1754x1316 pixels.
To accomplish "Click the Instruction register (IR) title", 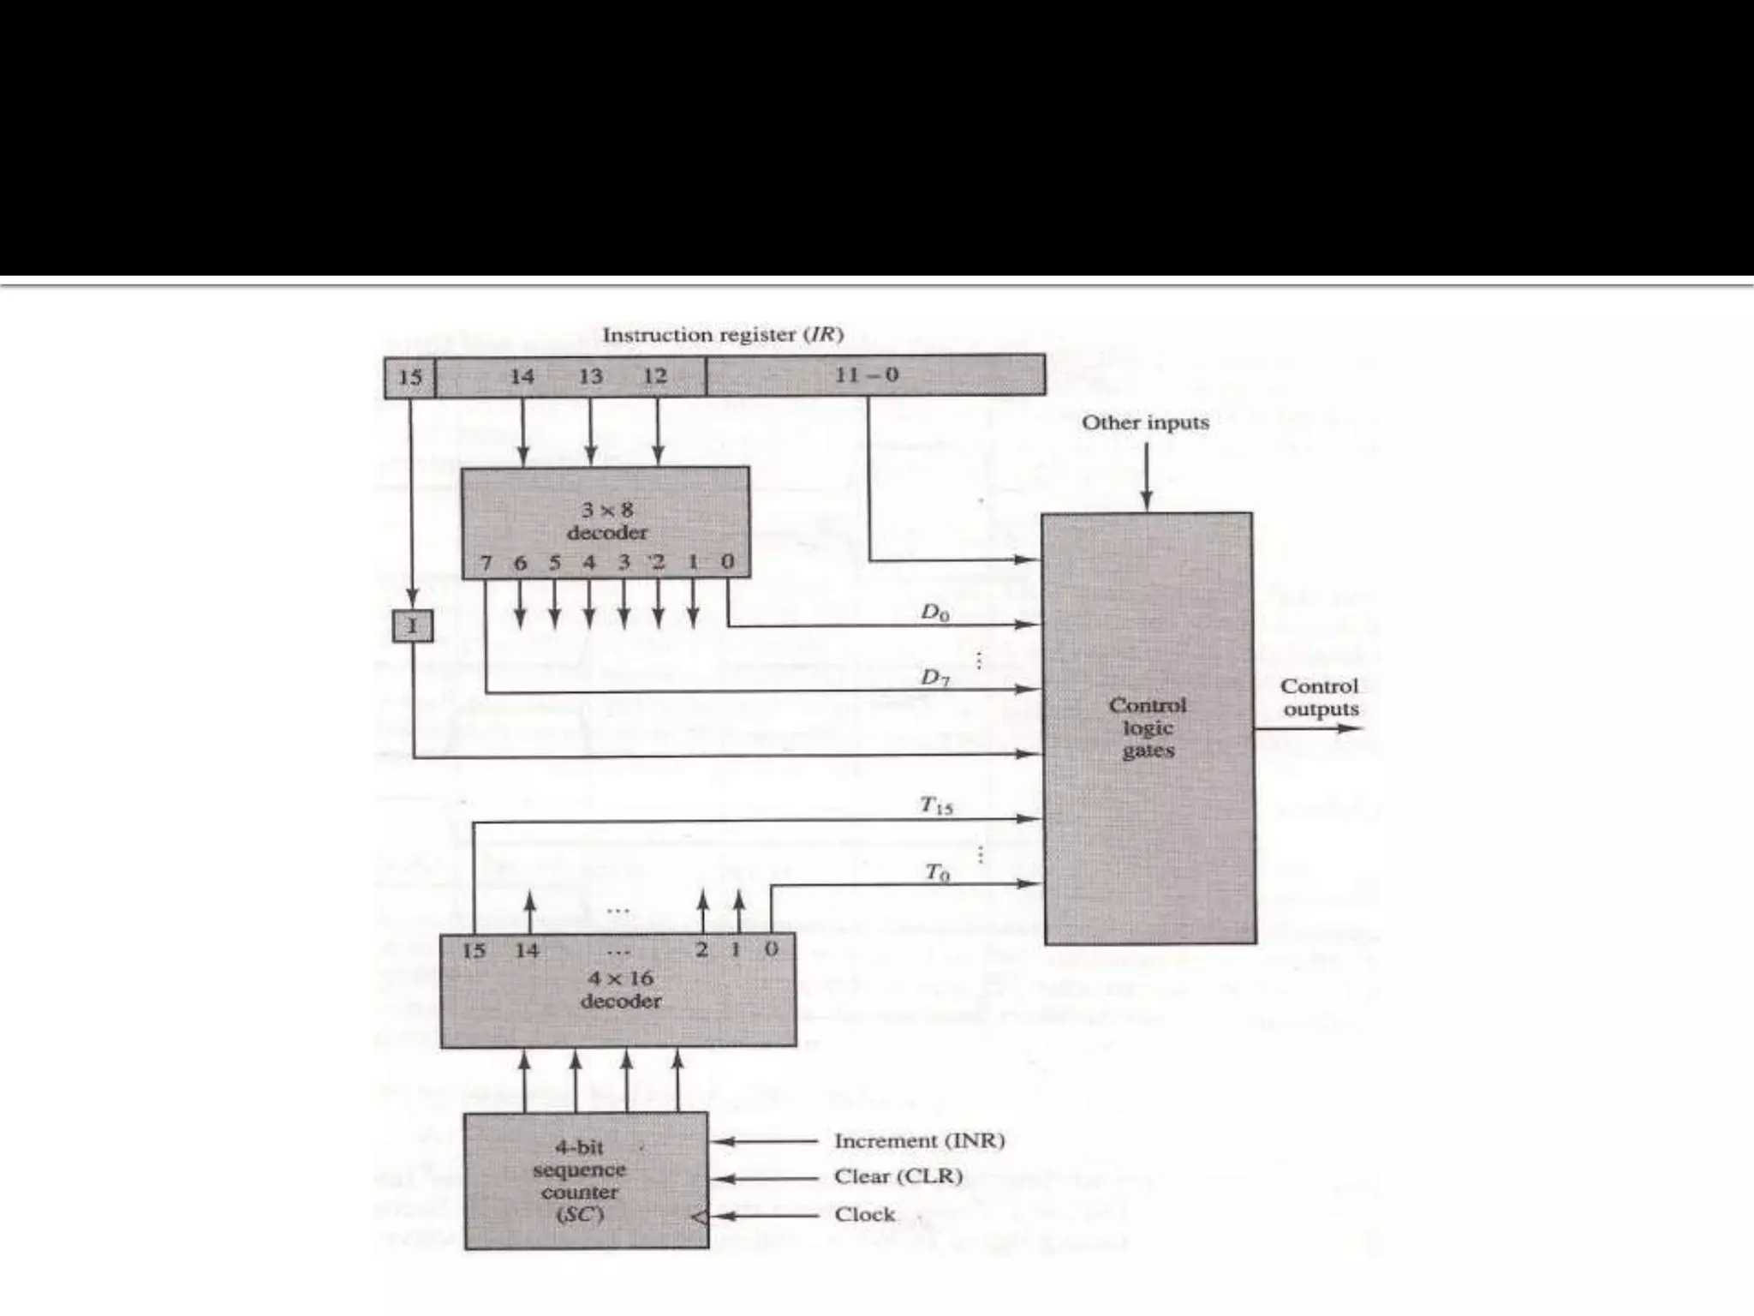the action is tap(722, 335).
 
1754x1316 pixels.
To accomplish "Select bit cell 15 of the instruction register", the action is tap(410, 377).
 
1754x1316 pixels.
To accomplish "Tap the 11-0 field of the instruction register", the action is tap(867, 375).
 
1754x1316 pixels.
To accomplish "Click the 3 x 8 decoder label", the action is tap(606, 521).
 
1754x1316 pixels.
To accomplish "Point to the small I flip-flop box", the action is tap(413, 626).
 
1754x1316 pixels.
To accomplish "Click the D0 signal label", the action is tap(934, 613).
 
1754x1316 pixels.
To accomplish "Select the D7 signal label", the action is tap(934, 678).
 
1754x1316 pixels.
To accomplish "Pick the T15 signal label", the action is tap(935, 805).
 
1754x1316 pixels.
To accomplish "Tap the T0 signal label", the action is tap(937, 873).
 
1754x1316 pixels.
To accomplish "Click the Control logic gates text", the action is tap(1148, 727).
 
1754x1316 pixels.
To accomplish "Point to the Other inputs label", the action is tap(1145, 422).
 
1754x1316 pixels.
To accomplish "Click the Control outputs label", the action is tap(1320, 697).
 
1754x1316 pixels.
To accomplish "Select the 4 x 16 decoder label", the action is tap(620, 990).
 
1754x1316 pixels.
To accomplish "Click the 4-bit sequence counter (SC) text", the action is tap(580, 1181).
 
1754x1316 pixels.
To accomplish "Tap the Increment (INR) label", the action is tap(919, 1141).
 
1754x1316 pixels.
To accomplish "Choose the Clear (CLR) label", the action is tap(898, 1177).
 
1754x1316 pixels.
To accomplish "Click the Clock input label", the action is tap(864, 1215).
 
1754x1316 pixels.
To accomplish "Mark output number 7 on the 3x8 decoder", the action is tap(486, 563).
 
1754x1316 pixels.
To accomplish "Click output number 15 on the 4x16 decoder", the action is tap(474, 950).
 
